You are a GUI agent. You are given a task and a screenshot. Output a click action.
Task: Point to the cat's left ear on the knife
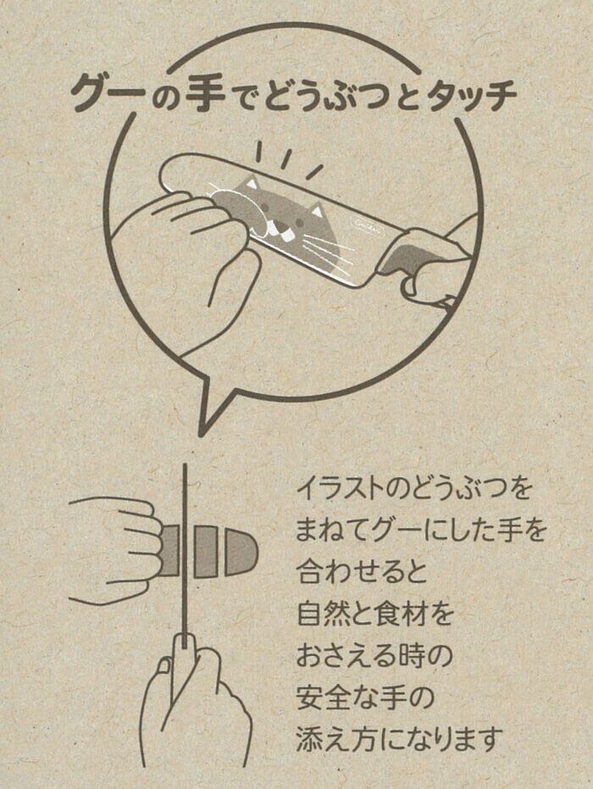250,183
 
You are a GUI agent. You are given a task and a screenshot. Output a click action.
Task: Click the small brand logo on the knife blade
363,222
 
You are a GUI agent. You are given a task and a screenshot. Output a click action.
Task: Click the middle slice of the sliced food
205,552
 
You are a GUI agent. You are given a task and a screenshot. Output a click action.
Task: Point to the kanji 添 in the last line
310,740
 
